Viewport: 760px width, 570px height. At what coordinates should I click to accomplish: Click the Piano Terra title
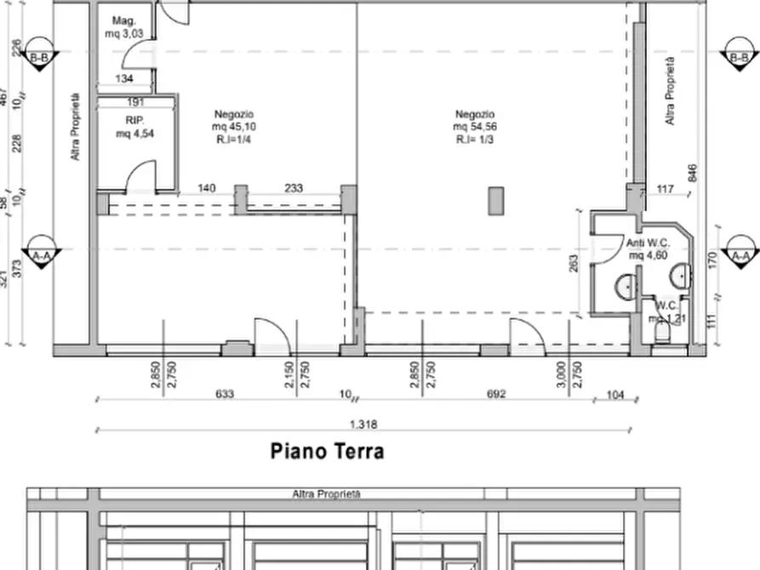point(327,451)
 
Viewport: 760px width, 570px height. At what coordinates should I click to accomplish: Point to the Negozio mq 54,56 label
point(475,127)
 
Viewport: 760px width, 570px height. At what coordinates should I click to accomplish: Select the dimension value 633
point(225,394)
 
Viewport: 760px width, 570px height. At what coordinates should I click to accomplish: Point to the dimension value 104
point(617,394)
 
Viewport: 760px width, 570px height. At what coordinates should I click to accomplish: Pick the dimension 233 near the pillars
point(294,189)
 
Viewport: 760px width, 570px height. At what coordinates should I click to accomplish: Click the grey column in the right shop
point(496,202)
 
